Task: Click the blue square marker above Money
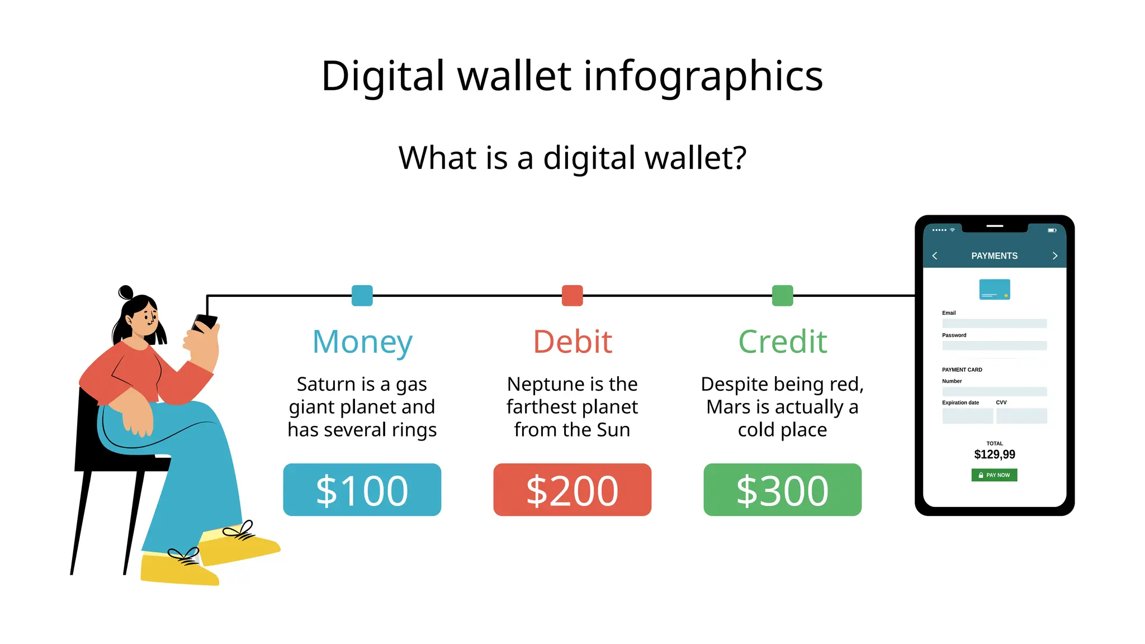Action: tap(362, 296)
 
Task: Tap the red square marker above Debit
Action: tap(572, 296)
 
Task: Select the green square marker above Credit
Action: tap(782, 296)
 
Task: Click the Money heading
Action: tap(362, 342)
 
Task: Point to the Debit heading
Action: tap(572, 342)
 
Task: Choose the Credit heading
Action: tap(782, 342)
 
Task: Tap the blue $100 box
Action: tap(362, 490)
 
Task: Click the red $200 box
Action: tap(572, 490)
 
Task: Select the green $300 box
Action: tap(782, 490)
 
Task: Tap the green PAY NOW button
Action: tap(994, 475)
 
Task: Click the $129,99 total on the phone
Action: tap(994, 454)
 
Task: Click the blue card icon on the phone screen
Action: tap(994, 290)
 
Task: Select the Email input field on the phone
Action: tap(994, 324)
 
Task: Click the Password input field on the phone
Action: tap(994, 346)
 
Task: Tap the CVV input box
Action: tap(1021, 416)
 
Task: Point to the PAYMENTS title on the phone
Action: tap(994, 256)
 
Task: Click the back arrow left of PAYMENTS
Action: tap(935, 256)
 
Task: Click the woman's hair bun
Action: tap(126, 292)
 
